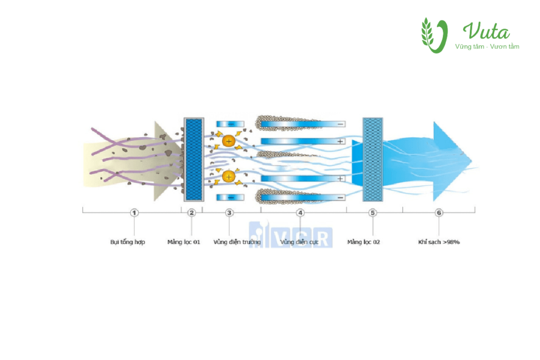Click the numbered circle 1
coord(134,213)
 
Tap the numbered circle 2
coord(191,213)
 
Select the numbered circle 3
coord(229,213)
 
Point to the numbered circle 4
coord(300,213)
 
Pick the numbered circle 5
coord(373,213)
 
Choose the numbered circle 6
coord(439,213)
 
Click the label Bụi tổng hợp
coord(128,242)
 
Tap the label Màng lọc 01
coord(184,242)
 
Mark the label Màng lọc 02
coord(364,242)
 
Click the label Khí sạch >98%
coord(439,242)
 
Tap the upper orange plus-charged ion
coord(228,141)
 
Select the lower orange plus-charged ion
coord(228,176)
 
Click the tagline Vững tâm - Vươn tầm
coord(487,47)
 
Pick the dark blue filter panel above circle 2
coord(194,159)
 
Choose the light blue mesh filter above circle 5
coord(373,159)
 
